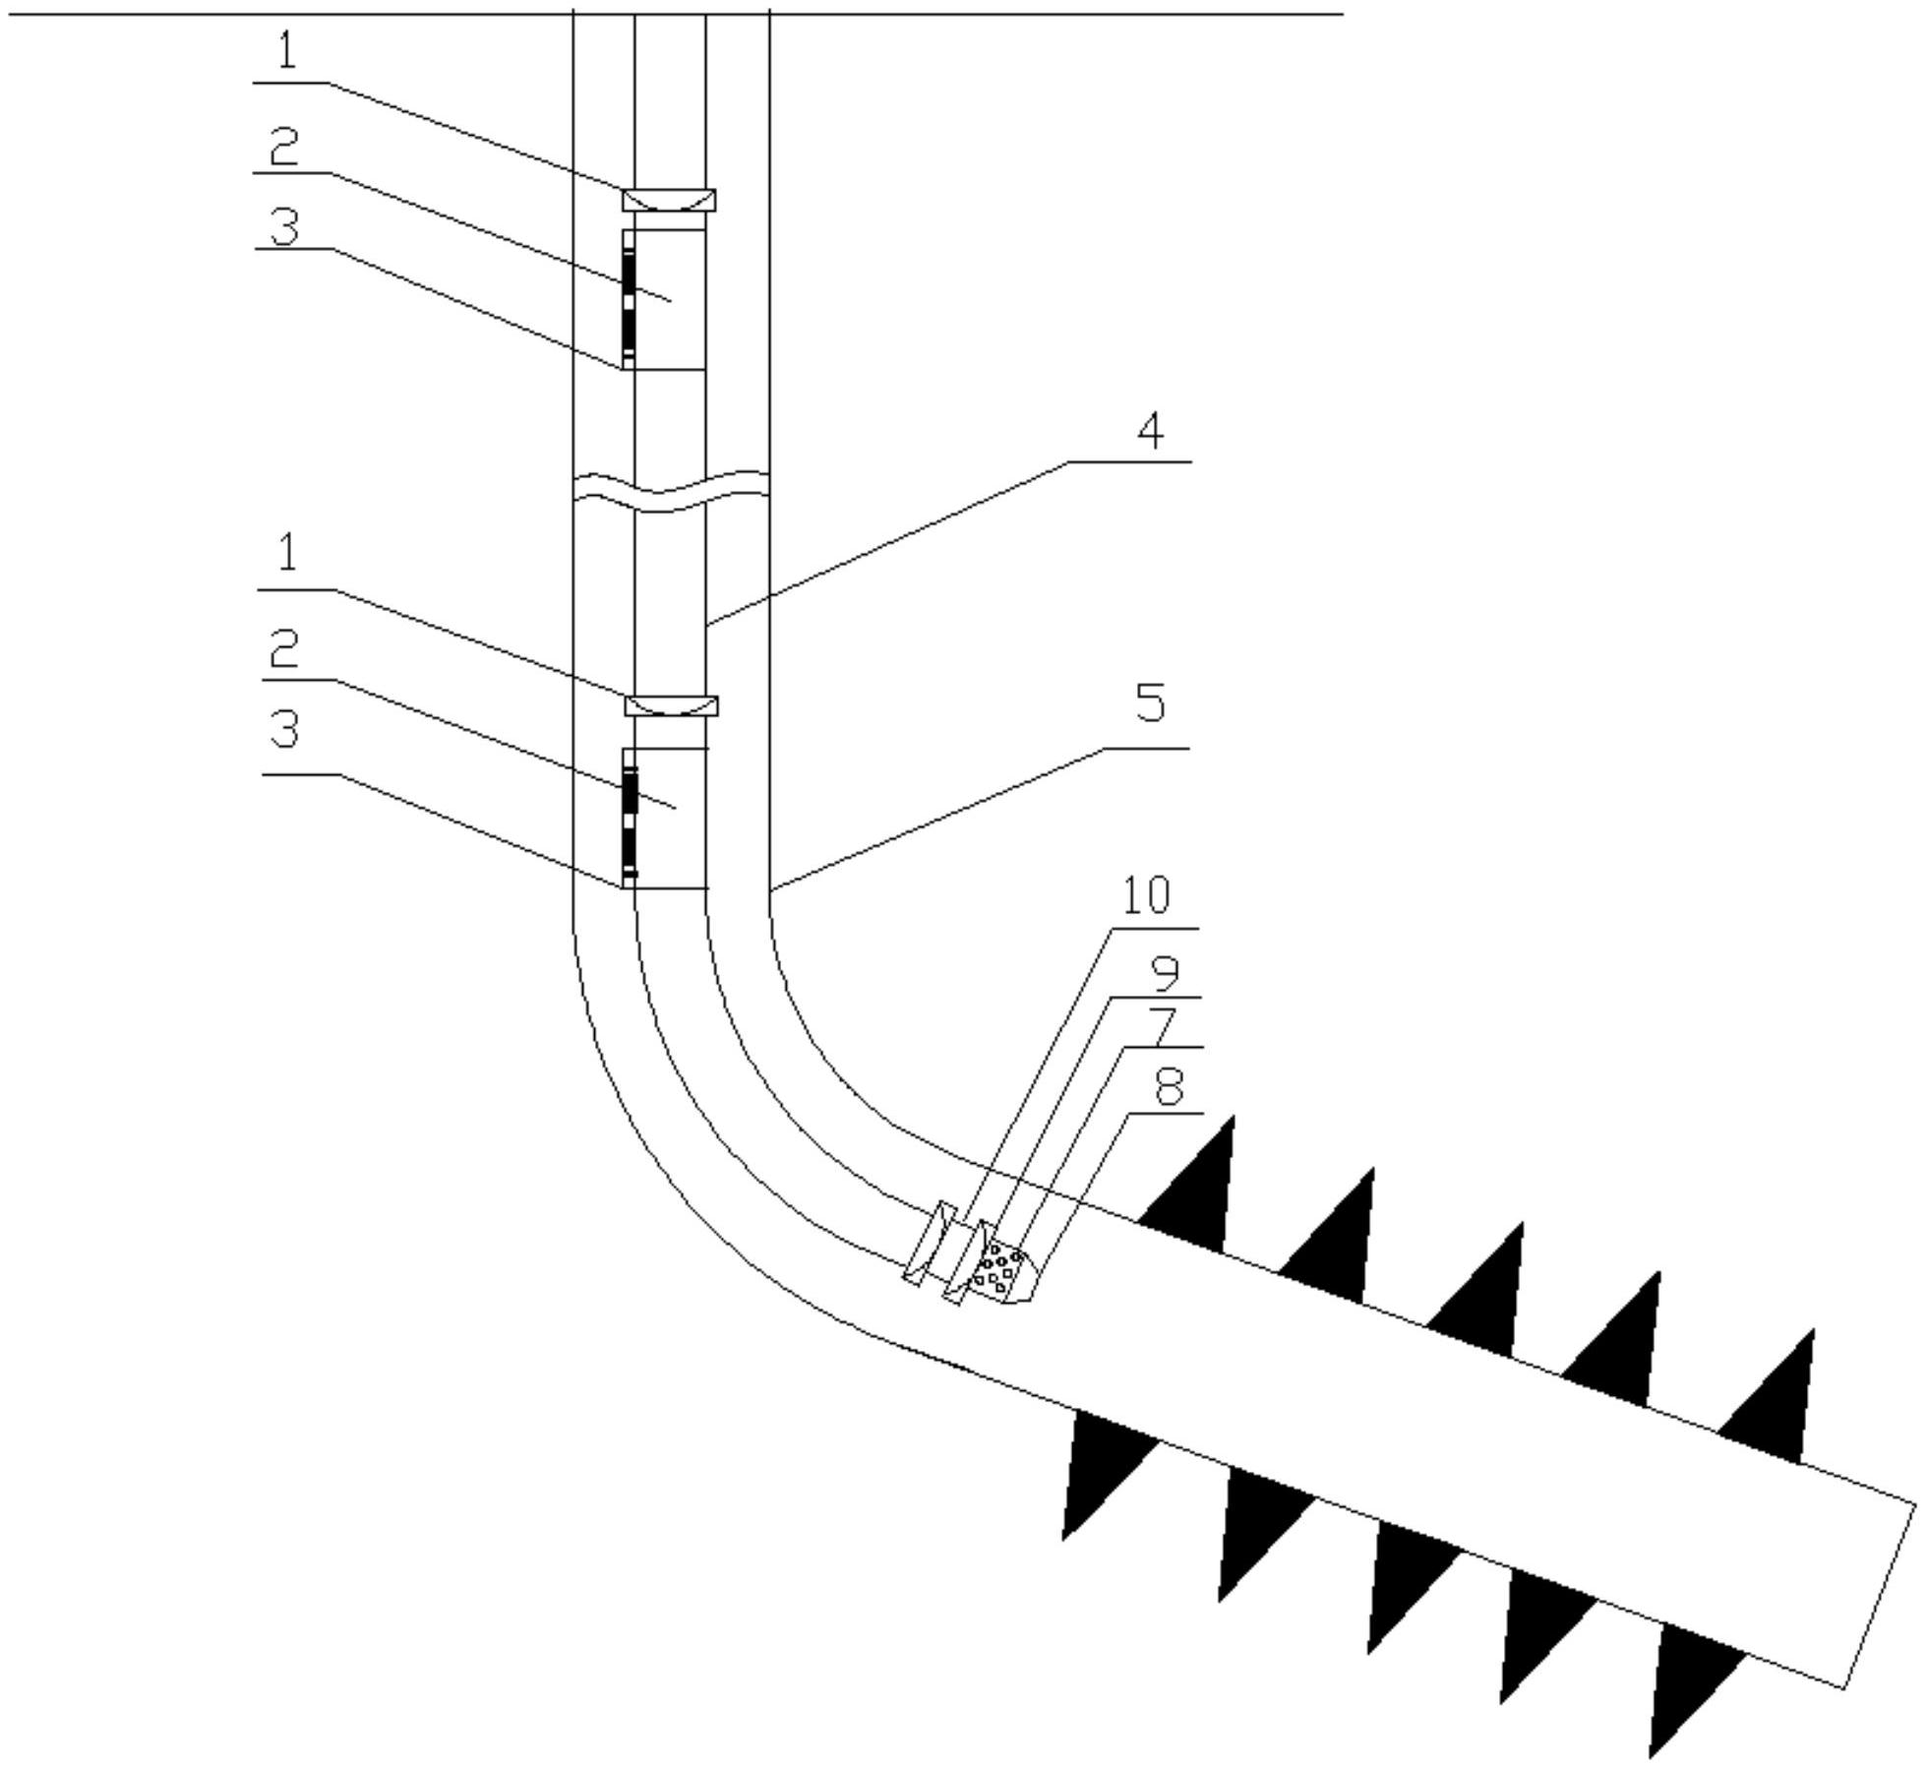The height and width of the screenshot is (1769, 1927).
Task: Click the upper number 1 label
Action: (x=286, y=51)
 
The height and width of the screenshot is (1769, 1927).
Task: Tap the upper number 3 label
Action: (x=284, y=225)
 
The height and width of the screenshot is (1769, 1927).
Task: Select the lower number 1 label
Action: (x=287, y=554)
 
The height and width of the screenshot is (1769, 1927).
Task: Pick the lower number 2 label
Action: (x=284, y=648)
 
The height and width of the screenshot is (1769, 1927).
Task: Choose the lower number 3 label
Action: (x=284, y=729)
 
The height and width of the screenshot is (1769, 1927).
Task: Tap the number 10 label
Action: (x=1146, y=895)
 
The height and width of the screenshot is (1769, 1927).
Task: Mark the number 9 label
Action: (x=1165, y=972)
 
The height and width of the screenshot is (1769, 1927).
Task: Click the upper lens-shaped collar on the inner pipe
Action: (x=669, y=200)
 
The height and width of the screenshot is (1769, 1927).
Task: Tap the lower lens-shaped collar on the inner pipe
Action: (x=671, y=705)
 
